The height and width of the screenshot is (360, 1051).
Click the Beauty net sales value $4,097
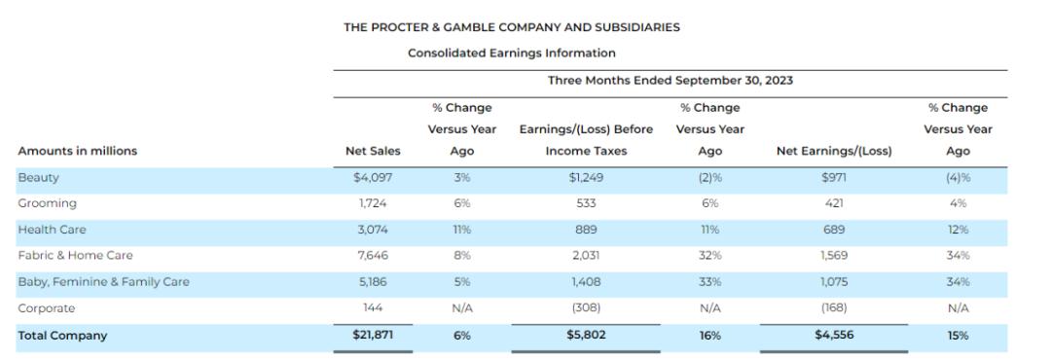point(373,178)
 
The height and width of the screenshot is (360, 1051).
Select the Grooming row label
point(47,203)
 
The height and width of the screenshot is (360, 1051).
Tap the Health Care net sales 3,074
point(373,230)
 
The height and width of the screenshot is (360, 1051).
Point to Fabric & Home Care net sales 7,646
point(373,255)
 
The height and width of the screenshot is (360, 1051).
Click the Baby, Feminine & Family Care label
point(103,281)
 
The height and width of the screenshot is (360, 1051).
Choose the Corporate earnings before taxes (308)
point(586,308)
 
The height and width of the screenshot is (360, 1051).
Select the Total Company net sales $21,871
point(373,335)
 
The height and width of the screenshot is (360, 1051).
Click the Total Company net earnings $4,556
point(834,335)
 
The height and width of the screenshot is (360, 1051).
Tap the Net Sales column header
point(373,151)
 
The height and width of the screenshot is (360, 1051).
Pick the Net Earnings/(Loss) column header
point(834,151)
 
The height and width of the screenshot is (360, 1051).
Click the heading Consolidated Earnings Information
point(512,53)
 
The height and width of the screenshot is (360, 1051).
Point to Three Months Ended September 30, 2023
point(670,81)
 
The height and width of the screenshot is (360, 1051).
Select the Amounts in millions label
point(77,151)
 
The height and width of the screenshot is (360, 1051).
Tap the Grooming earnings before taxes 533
point(586,203)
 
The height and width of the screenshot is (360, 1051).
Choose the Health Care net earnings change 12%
point(958,230)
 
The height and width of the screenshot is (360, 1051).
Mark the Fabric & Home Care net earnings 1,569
point(834,255)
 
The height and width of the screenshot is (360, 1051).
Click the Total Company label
point(62,336)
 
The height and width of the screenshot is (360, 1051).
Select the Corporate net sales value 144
point(373,308)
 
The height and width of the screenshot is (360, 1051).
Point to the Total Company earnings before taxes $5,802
point(586,335)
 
